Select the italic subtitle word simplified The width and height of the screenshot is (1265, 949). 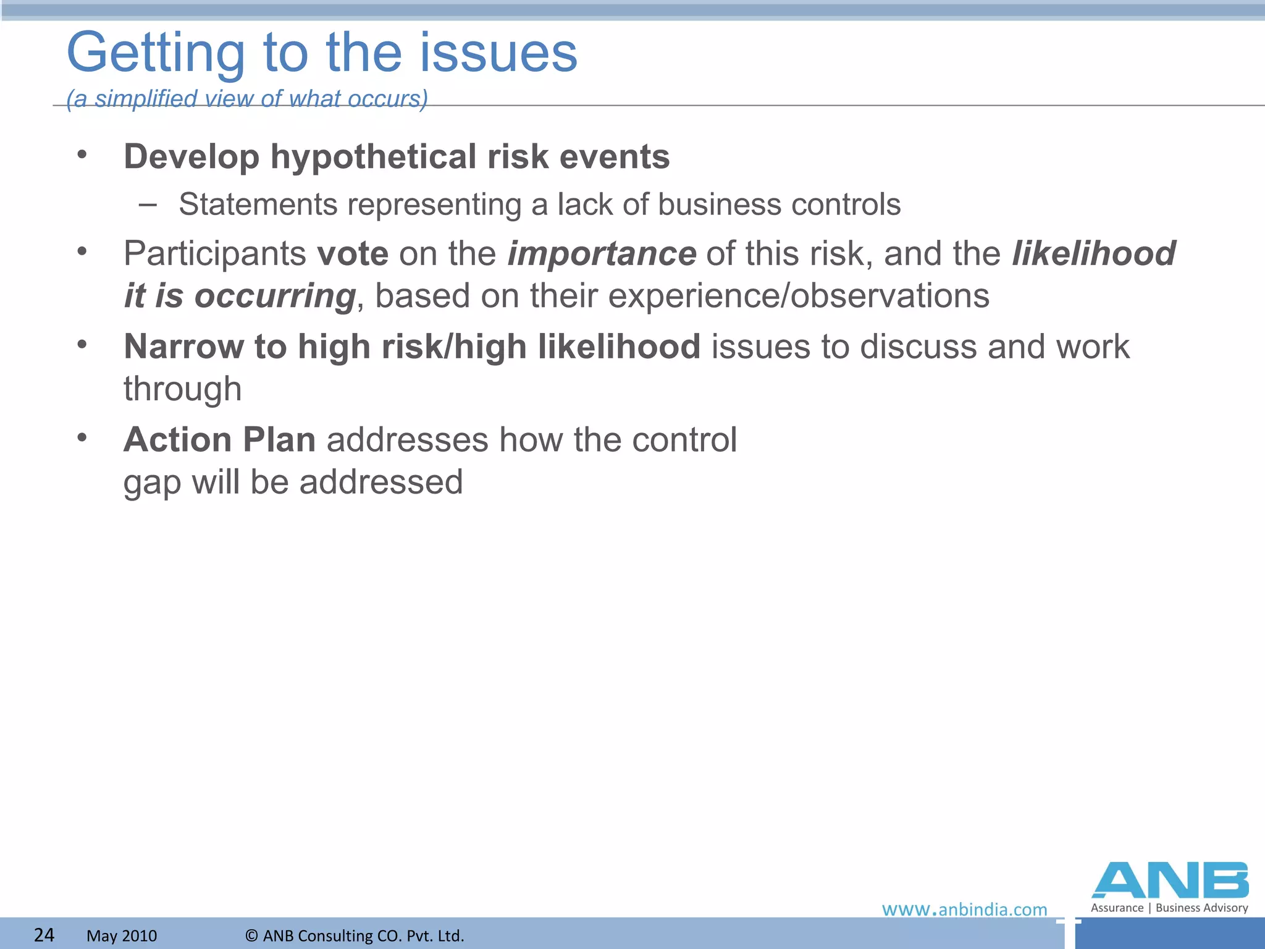tap(146, 99)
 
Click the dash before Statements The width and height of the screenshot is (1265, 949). tap(148, 204)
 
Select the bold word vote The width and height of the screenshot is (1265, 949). tap(352, 254)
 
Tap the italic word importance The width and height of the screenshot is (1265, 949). tap(602, 254)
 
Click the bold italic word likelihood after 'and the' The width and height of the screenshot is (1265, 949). tap(1093, 254)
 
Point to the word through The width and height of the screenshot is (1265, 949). tap(182, 389)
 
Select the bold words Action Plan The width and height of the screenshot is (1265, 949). tap(219, 440)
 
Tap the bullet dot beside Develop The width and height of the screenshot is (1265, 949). tap(82, 155)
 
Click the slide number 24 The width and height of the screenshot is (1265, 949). tap(44, 935)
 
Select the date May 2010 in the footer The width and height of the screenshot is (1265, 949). tap(122, 935)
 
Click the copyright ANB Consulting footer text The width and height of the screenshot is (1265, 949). tap(355, 935)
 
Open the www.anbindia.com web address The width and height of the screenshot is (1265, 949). tap(964, 909)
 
